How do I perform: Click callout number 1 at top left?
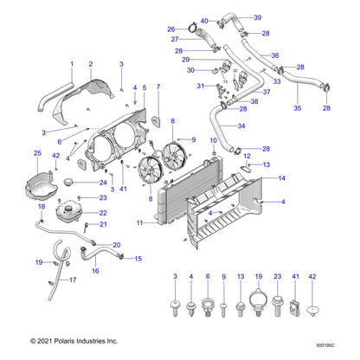click(x=71, y=64)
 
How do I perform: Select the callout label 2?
click(x=91, y=64)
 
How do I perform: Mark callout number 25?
click(x=35, y=153)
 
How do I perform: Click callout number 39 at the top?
click(x=258, y=17)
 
